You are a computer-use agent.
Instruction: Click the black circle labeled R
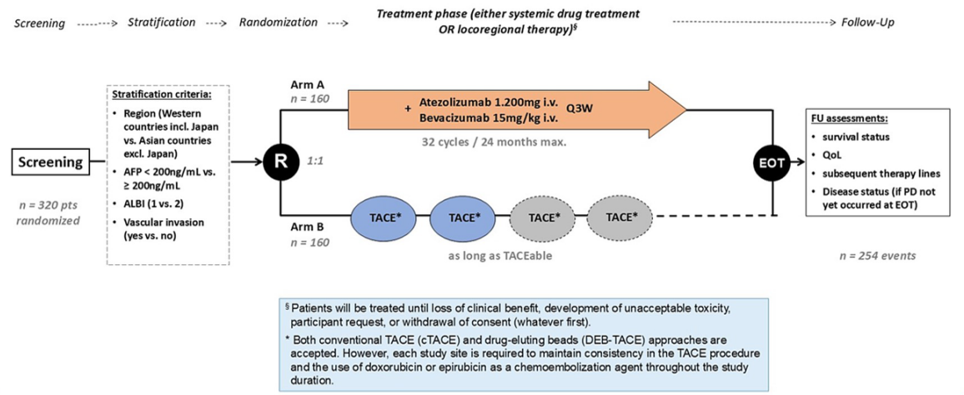click(x=282, y=162)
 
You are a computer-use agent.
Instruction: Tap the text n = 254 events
click(x=877, y=256)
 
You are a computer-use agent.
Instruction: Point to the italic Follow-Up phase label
click(x=867, y=22)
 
